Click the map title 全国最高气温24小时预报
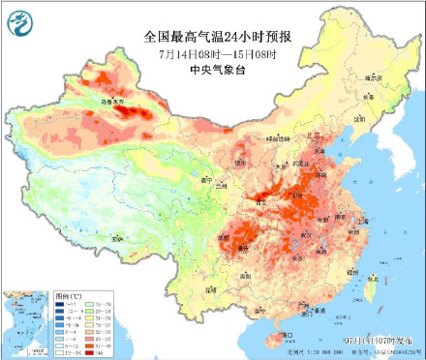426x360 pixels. click(x=217, y=37)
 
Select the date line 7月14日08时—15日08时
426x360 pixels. click(x=217, y=52)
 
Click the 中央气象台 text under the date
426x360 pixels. click(x=217, y=68)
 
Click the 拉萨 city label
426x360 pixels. click(x=116, y=235)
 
